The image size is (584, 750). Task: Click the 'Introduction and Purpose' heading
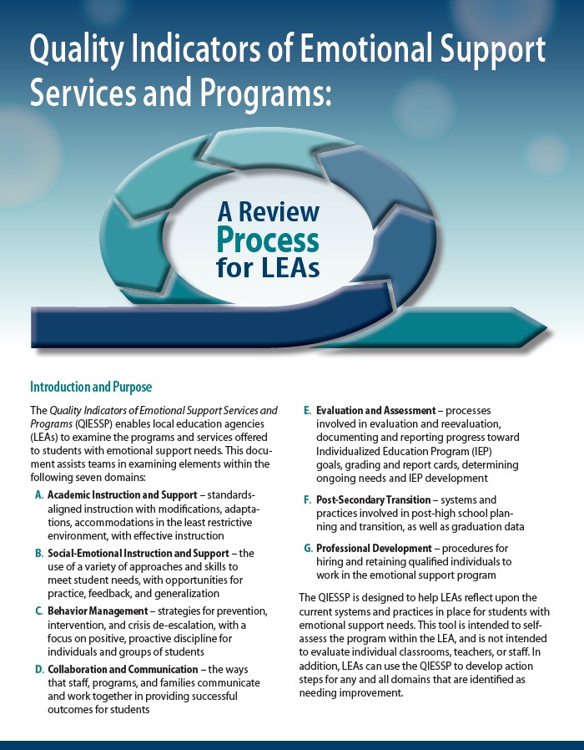coord(91,387)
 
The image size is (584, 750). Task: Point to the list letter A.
coord(39,495)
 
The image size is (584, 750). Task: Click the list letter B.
coord(39,554)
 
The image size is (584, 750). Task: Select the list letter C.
coord(39,612)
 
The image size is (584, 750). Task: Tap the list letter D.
coord(39,670)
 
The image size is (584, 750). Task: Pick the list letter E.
coord(307,411)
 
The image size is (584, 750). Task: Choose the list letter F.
coord(307,499)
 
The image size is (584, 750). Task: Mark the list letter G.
coord(307,548)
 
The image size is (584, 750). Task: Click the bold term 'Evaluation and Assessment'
coord(375,411)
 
